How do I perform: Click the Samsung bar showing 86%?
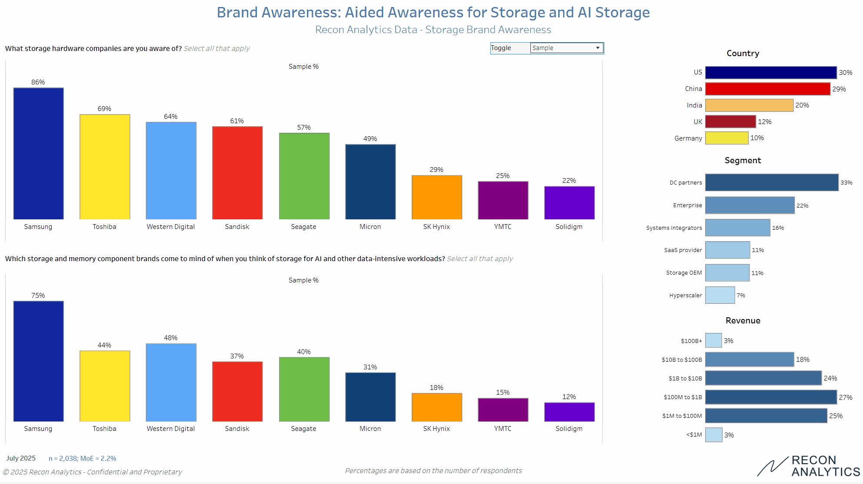point(38,153)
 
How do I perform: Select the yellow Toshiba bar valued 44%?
point(105,386)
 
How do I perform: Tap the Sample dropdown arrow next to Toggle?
point(598,48)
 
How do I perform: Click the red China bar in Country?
point(767,89)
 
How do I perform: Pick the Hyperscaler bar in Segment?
point(720,295)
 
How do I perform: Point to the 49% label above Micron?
point(370,139)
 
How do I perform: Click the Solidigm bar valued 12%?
point(569,412)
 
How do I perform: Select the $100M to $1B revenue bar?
point(770,397)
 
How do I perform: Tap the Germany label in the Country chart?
point(688,138)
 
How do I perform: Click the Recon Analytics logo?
point(809,466)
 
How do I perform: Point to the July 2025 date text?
point(21,458)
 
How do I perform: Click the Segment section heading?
point(743,160)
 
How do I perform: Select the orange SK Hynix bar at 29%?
point(436,197)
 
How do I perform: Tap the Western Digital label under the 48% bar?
point(170,429)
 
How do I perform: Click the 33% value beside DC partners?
point(846,183)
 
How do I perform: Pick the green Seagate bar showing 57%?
point(304,176)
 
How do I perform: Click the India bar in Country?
point(749,105)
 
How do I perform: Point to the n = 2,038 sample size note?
point(82,458)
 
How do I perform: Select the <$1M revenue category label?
point(694,435)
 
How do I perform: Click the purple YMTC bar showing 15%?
point(503,410)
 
